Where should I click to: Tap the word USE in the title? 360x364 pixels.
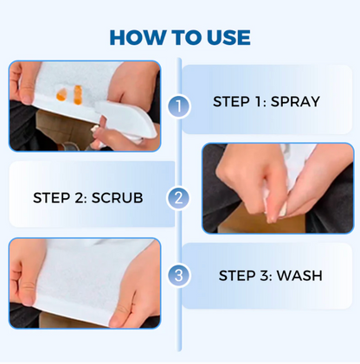[x=226, y=37]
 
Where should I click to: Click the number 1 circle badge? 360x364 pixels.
[x=178, y=105]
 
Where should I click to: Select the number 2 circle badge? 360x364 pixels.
[x=178, y=198]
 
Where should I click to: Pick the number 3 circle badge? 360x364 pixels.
[x=178, y=276]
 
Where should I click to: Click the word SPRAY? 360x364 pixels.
[x=295, y=101]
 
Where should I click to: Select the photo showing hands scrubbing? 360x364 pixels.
[x=277, y=188]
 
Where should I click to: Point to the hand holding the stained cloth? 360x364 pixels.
[x=26, y=86]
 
